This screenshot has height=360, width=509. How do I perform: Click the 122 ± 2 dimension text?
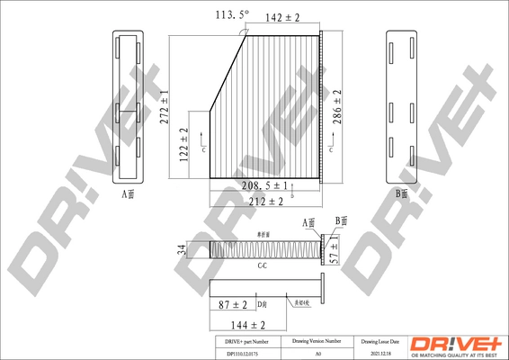(183, 144)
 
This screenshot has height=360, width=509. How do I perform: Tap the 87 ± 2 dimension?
(234, 306)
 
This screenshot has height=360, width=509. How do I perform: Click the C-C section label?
(263, 267)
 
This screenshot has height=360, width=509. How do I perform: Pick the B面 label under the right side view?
(401, 193)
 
